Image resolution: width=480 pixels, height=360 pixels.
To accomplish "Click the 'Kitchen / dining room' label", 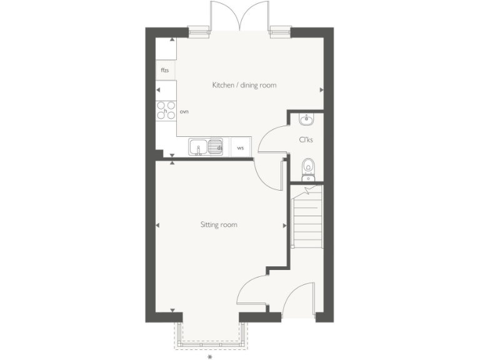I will point(244,85).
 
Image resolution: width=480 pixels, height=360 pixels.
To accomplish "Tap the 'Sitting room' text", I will point(219,224).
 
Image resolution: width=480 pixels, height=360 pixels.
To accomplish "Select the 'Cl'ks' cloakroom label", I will point(306,140).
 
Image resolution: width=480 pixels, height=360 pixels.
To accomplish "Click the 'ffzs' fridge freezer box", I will point(166,70).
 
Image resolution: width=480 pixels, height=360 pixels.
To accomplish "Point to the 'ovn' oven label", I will point(184,111).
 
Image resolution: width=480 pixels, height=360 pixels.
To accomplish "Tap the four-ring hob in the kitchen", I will point(166,110).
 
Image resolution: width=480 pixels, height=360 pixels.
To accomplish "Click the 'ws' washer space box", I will point(241,148).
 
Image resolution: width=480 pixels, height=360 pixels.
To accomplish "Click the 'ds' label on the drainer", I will point(219,147).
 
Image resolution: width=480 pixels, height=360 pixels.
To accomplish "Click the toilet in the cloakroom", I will point(307,167).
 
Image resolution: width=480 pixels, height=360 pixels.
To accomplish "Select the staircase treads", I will point(307,219).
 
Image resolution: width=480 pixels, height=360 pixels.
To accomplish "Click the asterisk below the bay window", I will point(210,357).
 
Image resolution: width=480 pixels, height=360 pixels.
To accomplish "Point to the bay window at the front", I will point(210,334).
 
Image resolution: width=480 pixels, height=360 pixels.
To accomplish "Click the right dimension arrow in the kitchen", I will point(322,90).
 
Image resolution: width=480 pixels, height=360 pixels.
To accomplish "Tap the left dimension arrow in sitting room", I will point(157,225).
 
